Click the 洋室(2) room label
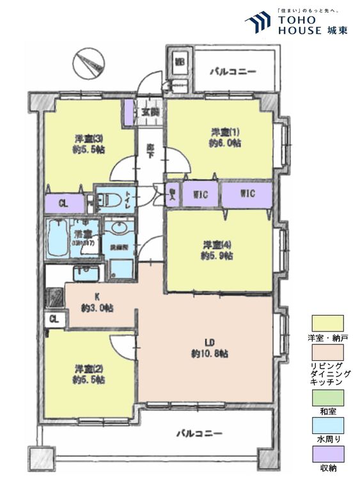[89, 374]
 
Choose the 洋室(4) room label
[217, 250]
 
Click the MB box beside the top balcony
[180, 63]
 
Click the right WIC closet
[247, 193]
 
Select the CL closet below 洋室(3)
[63, 204]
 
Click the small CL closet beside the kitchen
[54, 318]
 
